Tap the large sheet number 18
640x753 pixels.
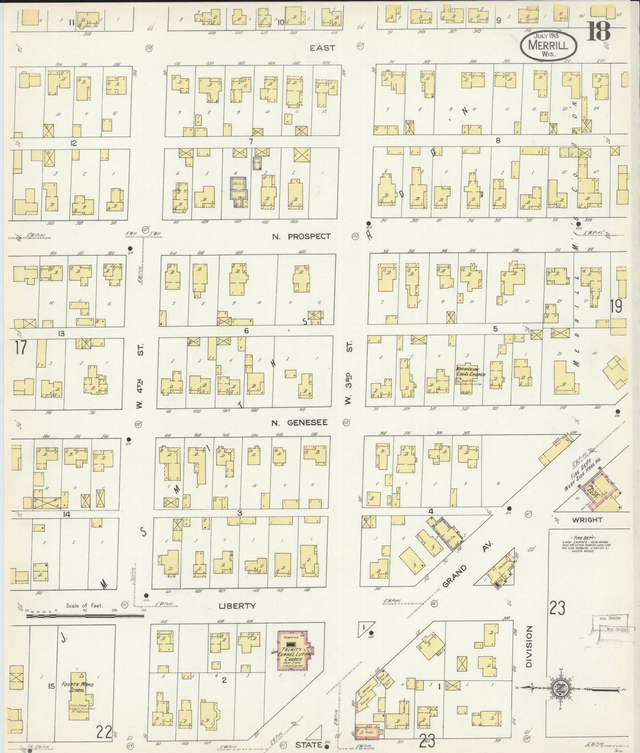point(598,31)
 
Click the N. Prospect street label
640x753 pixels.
point(301,236)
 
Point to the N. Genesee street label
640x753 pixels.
point(300,423)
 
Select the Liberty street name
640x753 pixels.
point(237,606)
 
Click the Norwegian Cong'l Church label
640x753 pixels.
point(471,371)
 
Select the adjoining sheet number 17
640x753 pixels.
point(20,347)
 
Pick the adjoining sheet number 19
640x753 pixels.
point(616,306)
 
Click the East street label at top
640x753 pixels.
point(322,48)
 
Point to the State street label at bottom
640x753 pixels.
point(308,745)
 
